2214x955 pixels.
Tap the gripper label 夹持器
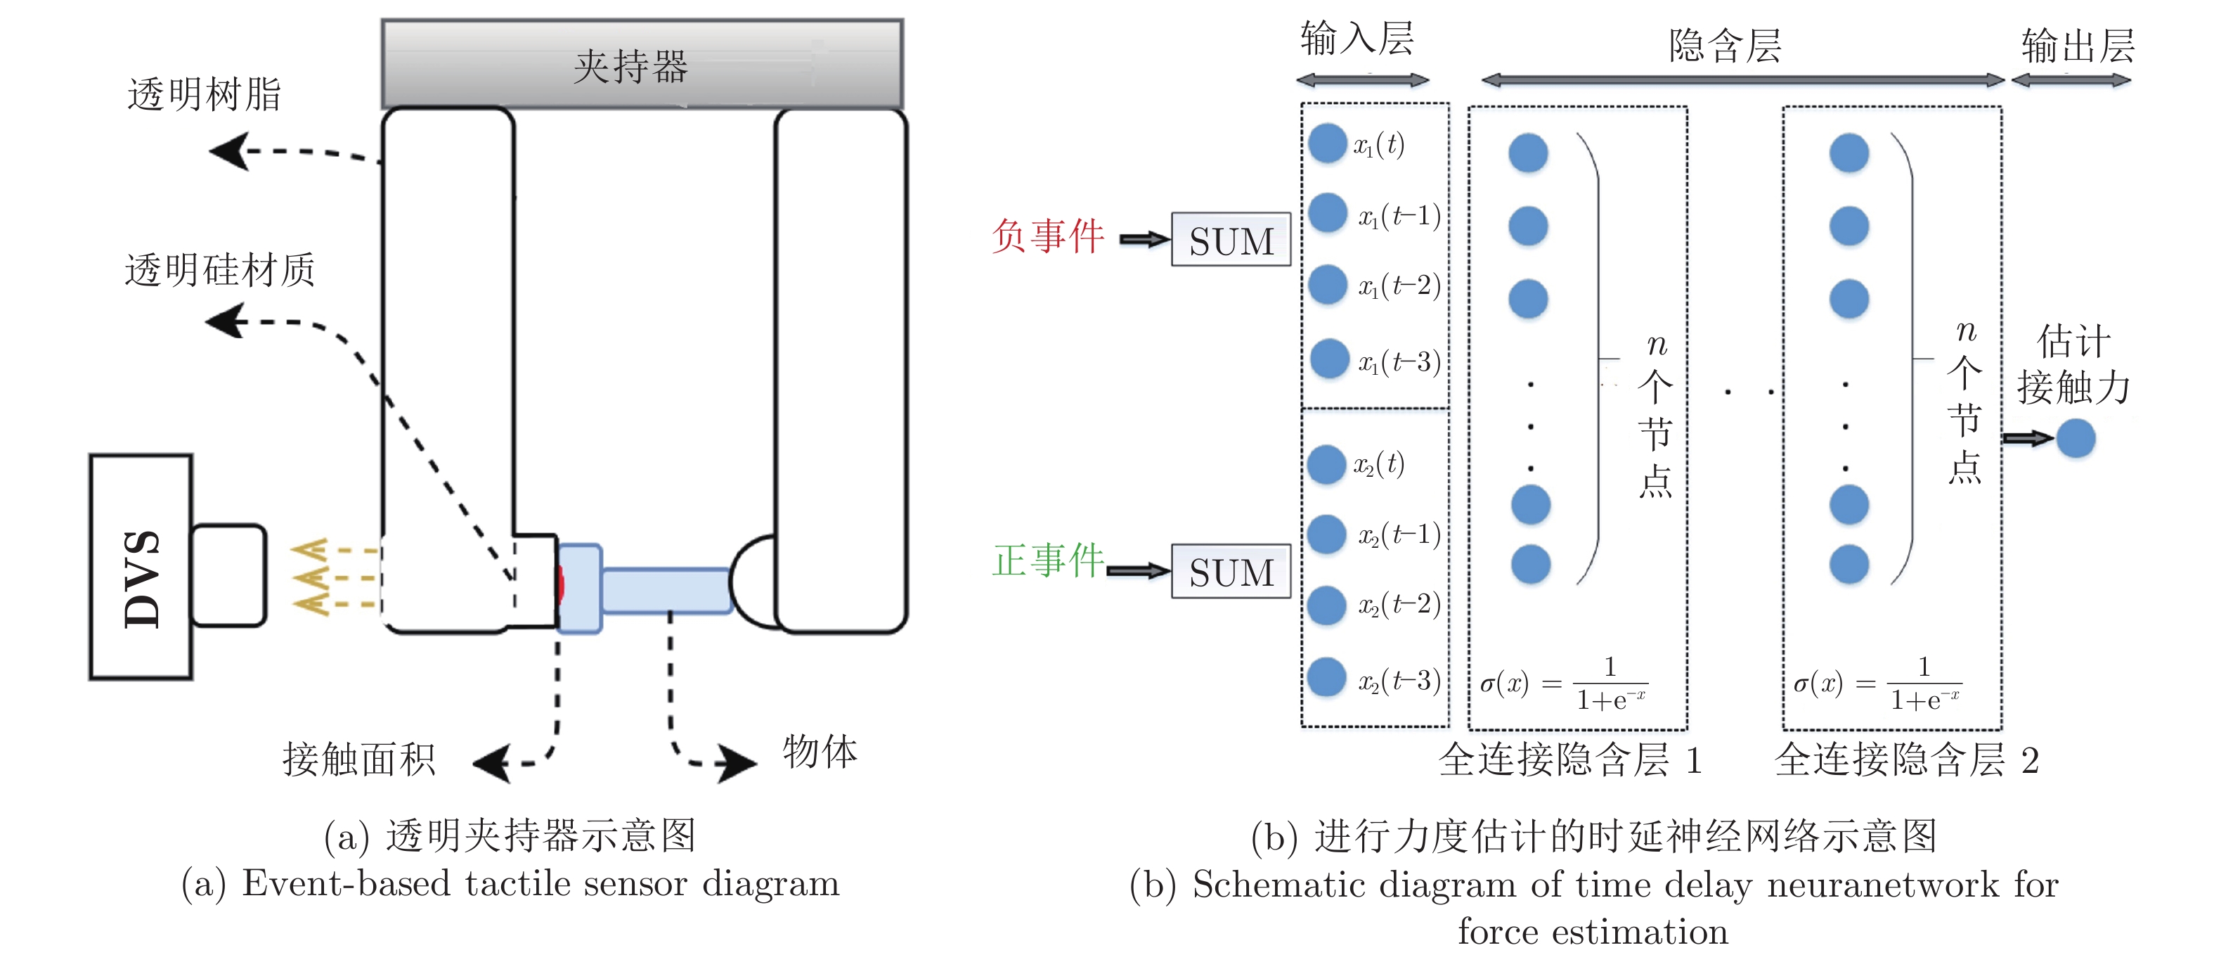tap(631, 66)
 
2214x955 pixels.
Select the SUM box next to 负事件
tap(1231, 240)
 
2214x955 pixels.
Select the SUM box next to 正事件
tap(1231, 572)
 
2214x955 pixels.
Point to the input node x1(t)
tap(1328, 143)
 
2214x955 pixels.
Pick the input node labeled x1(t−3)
tap(1330, 359)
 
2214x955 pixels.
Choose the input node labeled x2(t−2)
tap(1326, 605)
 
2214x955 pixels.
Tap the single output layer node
tap(2076, 438)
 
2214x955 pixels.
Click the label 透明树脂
tap(205, 94)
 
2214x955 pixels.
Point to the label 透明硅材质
tap(220, 270)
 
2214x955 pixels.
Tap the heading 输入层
tap(1357, 39)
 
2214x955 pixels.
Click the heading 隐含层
tap(1725, 46)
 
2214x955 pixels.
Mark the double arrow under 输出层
tap(2071, 81)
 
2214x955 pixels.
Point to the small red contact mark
tap(560, 584)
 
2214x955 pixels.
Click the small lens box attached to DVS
tap(228, 575)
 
